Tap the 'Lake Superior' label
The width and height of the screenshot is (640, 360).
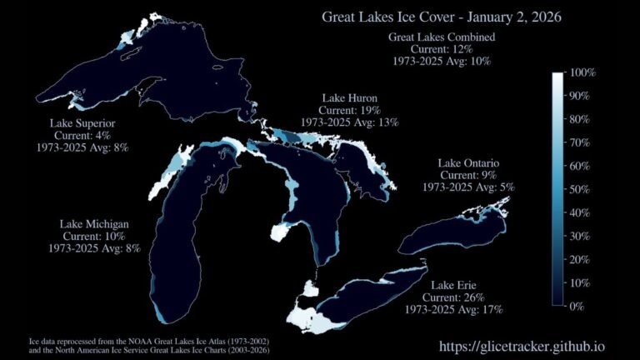[x=82, y=123]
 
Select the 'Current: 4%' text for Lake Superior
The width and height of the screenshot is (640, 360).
[x=82, y=135]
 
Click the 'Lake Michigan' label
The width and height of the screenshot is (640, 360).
[x=93, y=224]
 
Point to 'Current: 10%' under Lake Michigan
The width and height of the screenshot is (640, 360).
[x=93, y=236]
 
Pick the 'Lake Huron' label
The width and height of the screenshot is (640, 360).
[x=350, y=98]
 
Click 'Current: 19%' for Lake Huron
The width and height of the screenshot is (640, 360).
[x=350, y=110]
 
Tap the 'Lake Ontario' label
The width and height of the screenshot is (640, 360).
[x=467, y=163]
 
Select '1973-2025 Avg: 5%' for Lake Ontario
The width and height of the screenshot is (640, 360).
[x=467, y=187]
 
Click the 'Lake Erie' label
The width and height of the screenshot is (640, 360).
[x=453, y=286]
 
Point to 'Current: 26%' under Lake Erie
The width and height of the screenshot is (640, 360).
[x=453, y=297]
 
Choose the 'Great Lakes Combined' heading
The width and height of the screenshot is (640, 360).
[x=442, y=37]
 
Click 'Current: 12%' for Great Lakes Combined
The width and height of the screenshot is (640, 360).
[x=442, y=49]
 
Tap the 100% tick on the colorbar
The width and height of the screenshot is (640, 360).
[x=581, y=73]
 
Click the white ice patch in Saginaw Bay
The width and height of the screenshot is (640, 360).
[x=284, y=232]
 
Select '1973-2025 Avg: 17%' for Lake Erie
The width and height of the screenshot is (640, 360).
[x=453, y=309]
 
